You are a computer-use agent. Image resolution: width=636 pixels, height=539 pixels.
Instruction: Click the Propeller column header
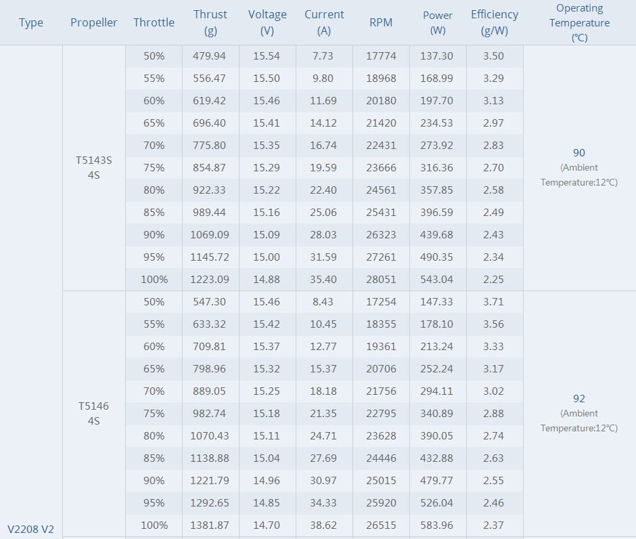[x=93, y=22]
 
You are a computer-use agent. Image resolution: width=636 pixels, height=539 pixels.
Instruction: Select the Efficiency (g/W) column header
[x=495, y=22]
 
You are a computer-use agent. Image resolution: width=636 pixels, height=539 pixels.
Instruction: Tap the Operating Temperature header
[x=579, y=22]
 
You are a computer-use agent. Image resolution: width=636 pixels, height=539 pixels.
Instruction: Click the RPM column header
[x=381, y=22]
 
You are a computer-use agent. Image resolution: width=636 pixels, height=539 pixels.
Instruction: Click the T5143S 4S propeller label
[x=94, y=168]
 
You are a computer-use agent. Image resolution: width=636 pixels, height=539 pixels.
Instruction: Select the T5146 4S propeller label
[x=93, y=413]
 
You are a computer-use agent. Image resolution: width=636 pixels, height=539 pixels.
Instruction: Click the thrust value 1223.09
[x=210, y=279]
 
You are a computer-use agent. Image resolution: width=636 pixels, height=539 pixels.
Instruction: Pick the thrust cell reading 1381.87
[x=210, y=525]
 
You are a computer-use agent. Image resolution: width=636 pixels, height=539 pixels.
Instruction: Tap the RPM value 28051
[x=381, y=279]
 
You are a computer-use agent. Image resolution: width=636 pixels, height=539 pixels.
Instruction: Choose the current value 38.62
[x=323, y=525]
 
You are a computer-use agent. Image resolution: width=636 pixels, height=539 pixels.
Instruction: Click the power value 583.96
[x=437, y=525]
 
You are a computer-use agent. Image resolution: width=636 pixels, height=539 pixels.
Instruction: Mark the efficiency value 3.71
[x=494, y=301]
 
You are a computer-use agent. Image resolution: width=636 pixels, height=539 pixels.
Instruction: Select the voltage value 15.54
[x=267, y=56]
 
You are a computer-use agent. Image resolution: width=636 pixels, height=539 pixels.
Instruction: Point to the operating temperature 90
[x=578, y=153]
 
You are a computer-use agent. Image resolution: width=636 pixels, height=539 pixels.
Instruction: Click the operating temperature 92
[x=578, y=399]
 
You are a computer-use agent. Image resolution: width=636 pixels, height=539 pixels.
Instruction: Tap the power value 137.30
[x=437, y=56]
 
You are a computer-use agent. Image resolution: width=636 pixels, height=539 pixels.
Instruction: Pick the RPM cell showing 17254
[x=381, y=301]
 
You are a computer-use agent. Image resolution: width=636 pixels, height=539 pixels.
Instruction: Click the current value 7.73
[x=323, y=56]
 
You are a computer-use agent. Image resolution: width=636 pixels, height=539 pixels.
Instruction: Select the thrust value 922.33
[x=210, y=190]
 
